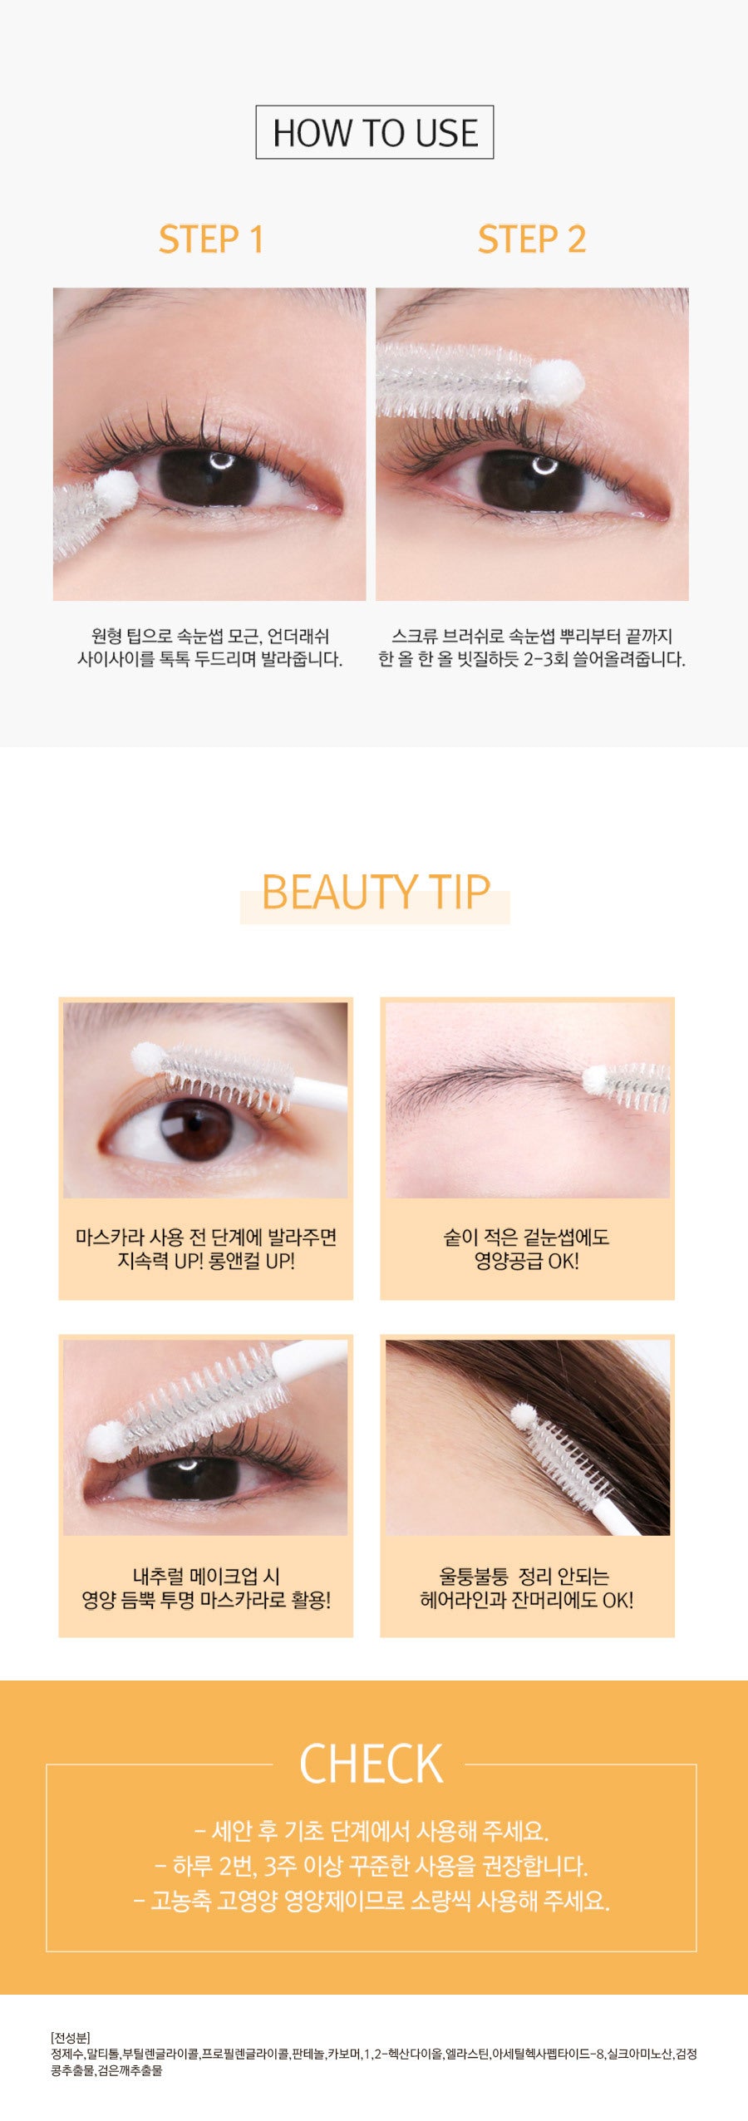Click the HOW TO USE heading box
(374, 132)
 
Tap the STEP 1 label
(211, 239)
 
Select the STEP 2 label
(532, 239)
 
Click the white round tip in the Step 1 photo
(116, 490)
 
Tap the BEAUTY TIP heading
(375, 893)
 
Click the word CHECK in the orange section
(371, 1764)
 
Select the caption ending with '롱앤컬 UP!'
(206, 1249)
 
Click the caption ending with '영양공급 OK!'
(526, 1249)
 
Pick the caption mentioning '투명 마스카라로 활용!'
(206, 1587)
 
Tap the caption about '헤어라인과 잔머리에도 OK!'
(526, 1587)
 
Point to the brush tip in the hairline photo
(523, 1415)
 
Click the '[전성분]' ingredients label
(71, 2037)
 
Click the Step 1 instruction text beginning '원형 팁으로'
(209, 647)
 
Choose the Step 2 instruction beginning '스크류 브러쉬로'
(532, 647)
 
